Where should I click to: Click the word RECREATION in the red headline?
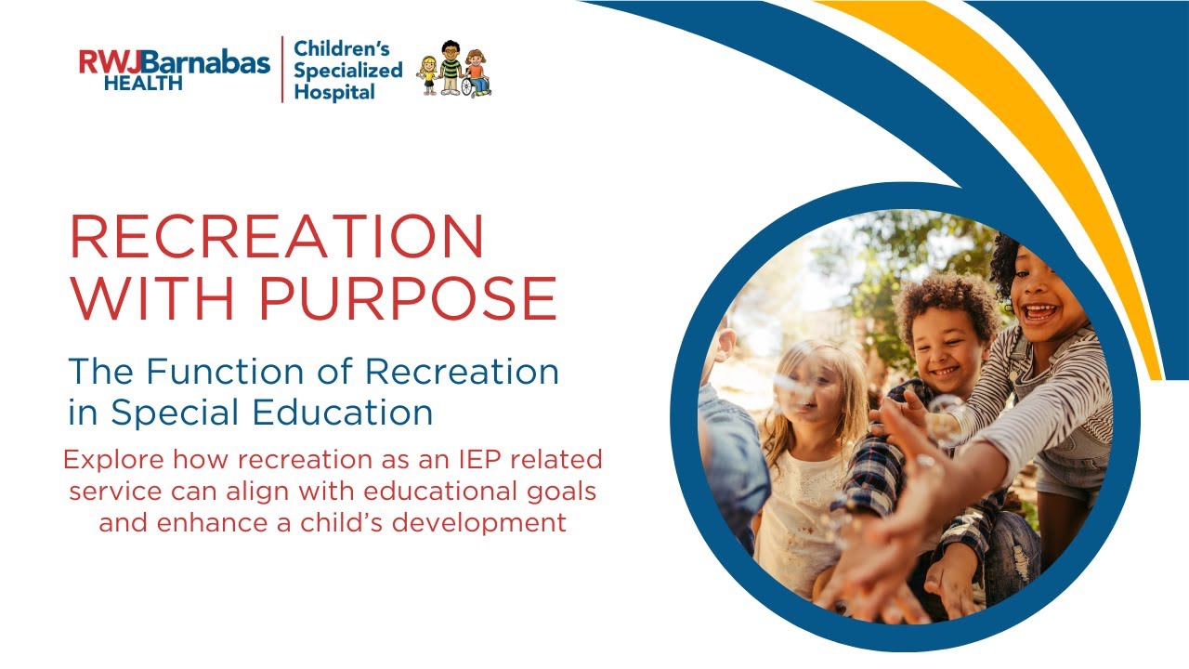click(277, 237)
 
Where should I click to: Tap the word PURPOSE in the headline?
click(408, 298)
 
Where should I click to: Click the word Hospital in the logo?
click(334, 92)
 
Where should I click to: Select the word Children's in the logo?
click(341, 48)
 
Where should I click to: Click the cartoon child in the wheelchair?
click(476, 74)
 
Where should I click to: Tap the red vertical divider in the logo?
click(282, 70)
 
